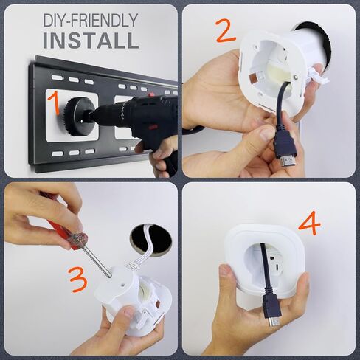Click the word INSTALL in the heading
pos(91,41)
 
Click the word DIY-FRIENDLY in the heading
pos(91,21)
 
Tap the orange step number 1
pos(54,103)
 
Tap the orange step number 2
pos(225,31)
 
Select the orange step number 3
pos(78,280)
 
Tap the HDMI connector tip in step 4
pos(274,322)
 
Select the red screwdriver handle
pos(68,233)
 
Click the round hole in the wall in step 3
pos(151,240)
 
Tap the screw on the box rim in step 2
pos(295,77)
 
